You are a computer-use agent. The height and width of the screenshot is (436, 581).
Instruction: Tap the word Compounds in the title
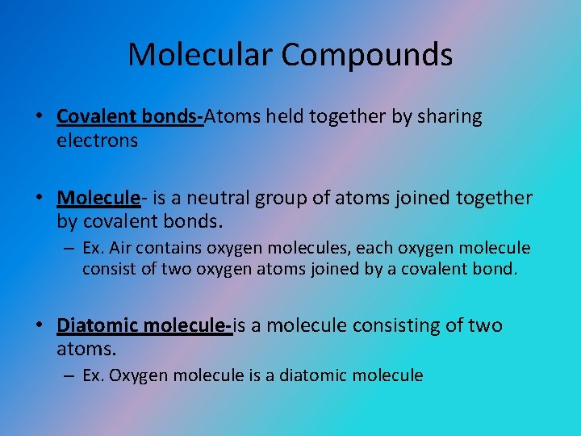[366, 55]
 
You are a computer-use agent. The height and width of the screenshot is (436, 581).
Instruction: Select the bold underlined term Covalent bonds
[129, 117]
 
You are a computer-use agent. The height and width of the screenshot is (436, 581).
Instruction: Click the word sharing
[449, 117]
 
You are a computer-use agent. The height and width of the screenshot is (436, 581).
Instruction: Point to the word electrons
[98, 140]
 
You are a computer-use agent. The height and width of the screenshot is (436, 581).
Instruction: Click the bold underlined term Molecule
[98, 198]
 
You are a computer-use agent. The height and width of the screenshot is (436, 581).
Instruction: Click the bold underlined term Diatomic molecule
[143, 325]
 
